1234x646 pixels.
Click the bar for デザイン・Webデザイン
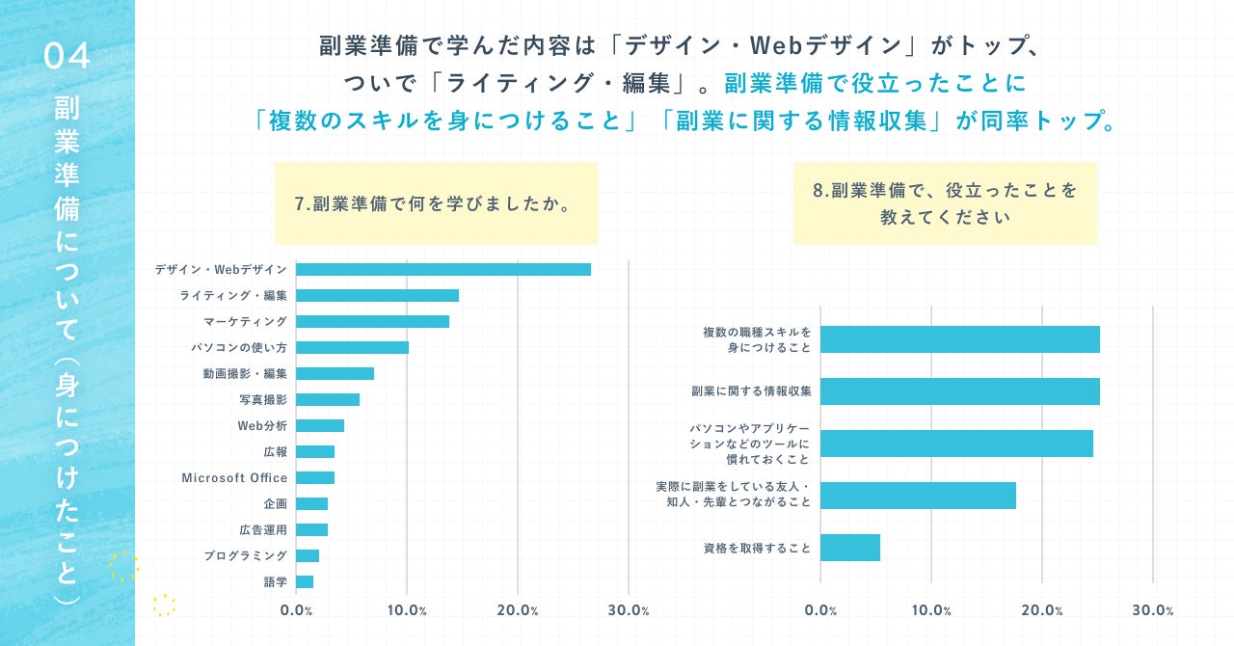443,270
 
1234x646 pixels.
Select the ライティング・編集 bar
377,296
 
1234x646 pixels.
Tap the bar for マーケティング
372,322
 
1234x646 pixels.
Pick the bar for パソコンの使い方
352,348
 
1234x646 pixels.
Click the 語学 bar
305,581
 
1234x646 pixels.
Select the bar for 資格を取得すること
850,548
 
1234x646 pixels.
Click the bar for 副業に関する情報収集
959,391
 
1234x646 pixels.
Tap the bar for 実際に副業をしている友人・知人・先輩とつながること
918,496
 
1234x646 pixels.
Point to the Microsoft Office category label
234,478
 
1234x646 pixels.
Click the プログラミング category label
245,556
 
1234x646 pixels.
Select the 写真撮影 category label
262,400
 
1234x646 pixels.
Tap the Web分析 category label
262,426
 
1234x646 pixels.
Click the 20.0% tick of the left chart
518,610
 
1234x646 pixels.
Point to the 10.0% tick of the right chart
931,610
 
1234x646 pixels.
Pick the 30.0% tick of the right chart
1153,610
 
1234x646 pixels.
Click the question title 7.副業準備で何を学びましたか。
436,204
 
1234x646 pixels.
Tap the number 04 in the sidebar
67,57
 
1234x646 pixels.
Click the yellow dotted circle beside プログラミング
123,567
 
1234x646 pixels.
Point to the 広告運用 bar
311,530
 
